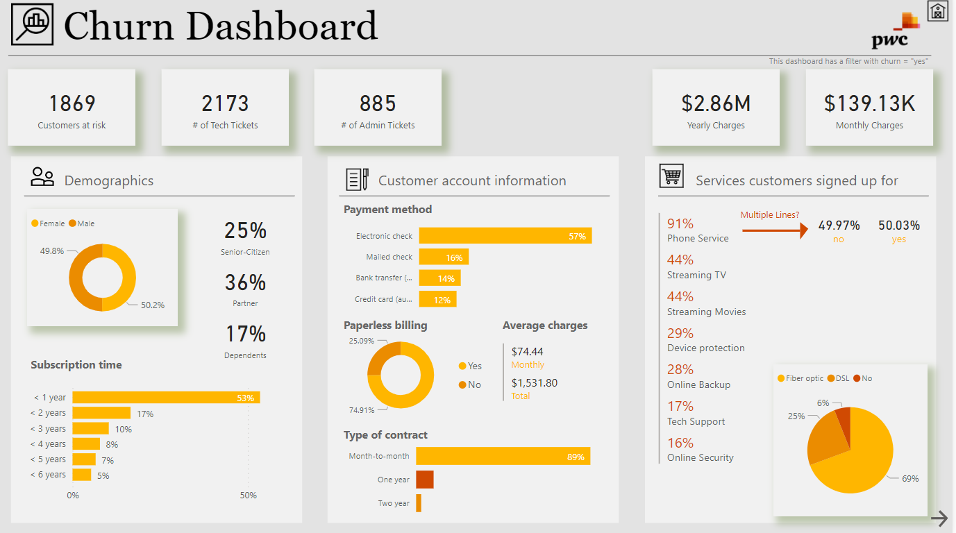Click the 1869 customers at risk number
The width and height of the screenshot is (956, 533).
[72, 103]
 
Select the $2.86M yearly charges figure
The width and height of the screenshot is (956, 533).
[716, 103]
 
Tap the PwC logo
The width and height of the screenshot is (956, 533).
[896, 31]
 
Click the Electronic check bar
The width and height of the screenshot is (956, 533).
[505, 236]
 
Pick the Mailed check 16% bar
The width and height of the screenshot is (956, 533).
[444, 257]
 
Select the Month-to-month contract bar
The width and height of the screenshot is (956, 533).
[503, 456]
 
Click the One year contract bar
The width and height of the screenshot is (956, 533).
[425, 480]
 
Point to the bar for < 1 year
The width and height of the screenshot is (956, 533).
[166, 398]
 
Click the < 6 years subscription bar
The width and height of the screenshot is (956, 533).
[82, 475]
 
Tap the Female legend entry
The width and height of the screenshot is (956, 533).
[48, 223]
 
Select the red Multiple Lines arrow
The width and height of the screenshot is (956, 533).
[775, 230]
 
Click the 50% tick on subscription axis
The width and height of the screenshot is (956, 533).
[248, 496]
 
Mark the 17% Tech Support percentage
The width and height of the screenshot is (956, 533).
[680, 406]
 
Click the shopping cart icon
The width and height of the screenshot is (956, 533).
[671, 176]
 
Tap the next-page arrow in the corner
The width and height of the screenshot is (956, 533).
[939, 518]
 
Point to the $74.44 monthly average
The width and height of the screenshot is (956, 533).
[527, 351]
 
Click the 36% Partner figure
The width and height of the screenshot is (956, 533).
[245, 282]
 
